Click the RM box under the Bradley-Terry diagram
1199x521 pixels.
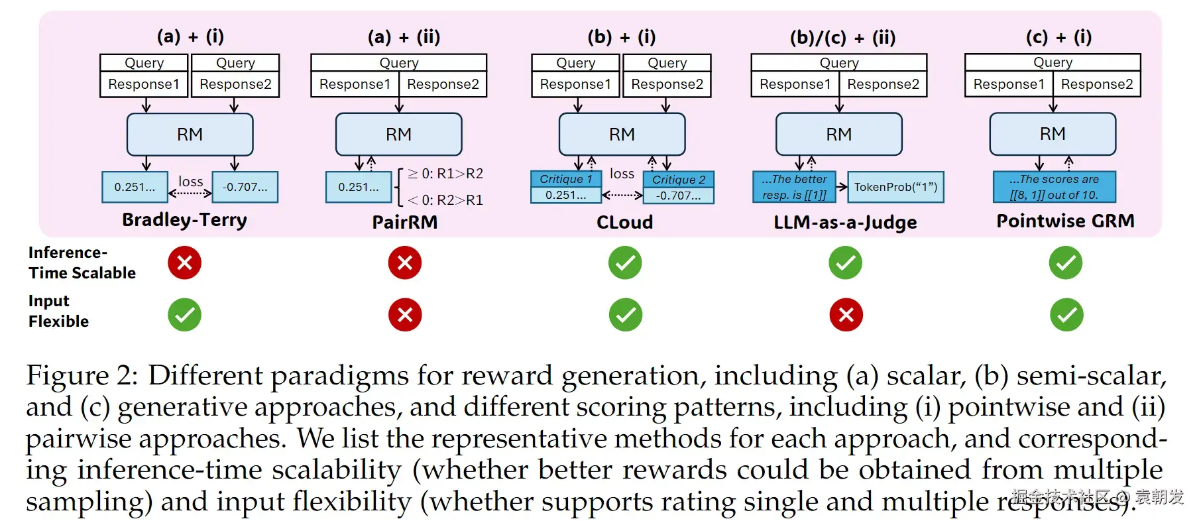click(190, 135)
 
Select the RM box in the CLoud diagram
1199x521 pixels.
click(622, 135)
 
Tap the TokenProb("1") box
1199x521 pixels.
click(895, 187)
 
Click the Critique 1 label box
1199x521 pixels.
click(565, 179)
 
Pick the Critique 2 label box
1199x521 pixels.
click(679, 180)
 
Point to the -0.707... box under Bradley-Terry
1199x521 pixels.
click(245, 187)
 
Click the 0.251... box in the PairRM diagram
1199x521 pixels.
click(359, 187)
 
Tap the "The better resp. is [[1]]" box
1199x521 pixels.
click(794, 187)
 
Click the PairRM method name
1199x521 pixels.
click(405, 222)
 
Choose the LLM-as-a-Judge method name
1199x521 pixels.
click(845, 222)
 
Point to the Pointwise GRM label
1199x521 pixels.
click(1065, 221)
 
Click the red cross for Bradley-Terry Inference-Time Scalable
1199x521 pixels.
click(184, 262)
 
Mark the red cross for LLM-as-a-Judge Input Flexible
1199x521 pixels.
click(846, 314)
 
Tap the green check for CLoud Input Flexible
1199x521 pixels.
click(625, 314)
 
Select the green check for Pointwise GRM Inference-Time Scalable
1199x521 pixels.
click(1065, 262)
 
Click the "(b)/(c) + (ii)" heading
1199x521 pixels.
click(842, 37)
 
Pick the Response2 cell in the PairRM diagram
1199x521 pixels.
click(443, 84)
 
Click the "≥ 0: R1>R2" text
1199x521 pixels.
click(445, 174)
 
